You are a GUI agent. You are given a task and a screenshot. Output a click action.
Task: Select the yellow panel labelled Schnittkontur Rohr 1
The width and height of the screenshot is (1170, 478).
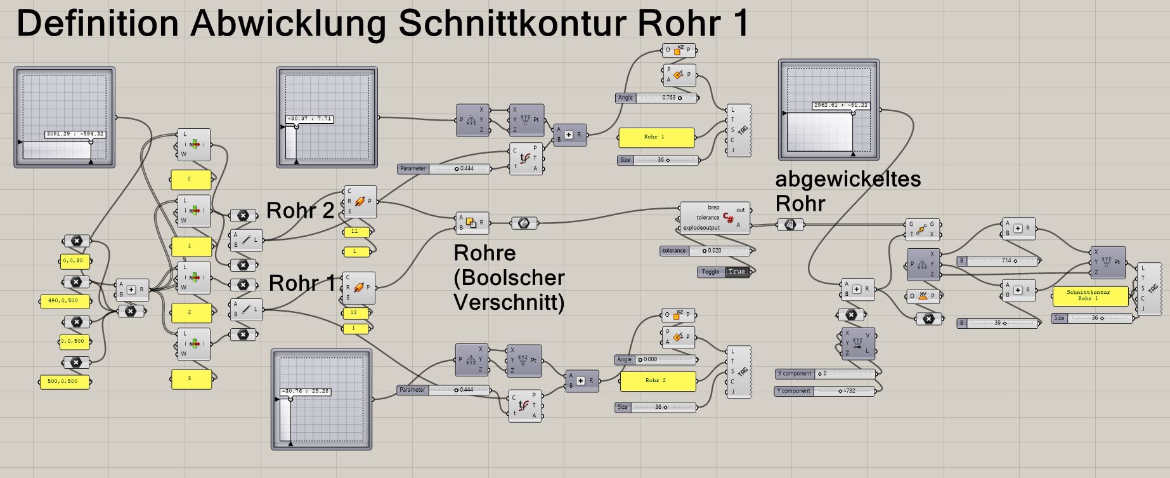tap(1090, 296)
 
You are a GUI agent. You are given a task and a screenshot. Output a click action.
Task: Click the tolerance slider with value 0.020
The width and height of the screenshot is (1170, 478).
tap(706, 251)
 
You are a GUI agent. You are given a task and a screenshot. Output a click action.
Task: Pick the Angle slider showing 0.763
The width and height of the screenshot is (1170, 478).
tap(656, 98)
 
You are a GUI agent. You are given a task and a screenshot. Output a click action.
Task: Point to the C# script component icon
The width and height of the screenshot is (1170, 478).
tap(729, 220)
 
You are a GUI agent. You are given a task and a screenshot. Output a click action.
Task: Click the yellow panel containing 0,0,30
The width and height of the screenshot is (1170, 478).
tap(75, 260)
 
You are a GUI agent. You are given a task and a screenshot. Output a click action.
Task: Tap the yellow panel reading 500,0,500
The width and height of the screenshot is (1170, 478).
tap(63, 382)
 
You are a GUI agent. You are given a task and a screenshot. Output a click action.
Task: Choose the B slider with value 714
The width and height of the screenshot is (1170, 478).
tap(999, 261)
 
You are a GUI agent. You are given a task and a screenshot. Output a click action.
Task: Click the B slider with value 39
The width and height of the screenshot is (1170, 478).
tap(998, 323)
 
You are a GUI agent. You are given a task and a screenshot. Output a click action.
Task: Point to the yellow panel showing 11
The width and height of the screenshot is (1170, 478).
tap(356, 232)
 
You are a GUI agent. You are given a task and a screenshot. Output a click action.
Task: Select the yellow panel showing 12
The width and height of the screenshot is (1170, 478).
tap(354, 313)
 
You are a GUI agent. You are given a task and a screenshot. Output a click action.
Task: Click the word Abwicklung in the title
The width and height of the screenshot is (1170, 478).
tap(287, 23)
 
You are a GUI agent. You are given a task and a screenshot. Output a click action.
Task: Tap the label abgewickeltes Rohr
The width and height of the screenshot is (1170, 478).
tap(847, 191)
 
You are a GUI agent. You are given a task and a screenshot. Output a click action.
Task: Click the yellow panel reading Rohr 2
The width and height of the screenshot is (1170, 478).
tap(657, 381)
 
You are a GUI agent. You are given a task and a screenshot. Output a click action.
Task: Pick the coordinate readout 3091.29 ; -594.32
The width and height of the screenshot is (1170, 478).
tap(75, 134)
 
